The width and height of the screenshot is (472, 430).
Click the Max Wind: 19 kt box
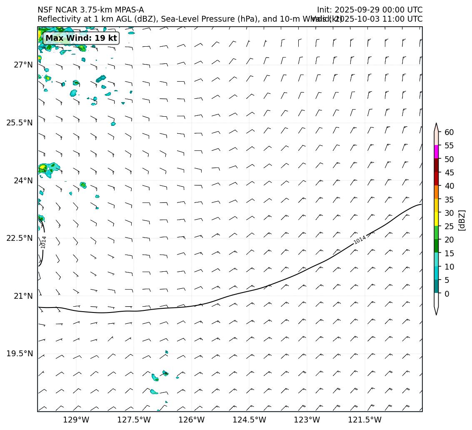pos(81,38)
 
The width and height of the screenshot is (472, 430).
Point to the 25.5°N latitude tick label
pos(20,123)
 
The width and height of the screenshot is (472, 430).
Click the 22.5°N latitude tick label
pos(20,238)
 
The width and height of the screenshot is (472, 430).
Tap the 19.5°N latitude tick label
pos(20,354)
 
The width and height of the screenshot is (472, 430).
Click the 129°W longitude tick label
pos(76,420)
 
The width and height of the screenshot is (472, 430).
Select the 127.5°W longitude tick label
pos(134,420)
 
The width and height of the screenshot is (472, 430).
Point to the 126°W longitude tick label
pos(192,420)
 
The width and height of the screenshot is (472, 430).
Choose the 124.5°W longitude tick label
pos(249,420)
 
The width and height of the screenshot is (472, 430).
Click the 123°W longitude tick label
pos(307,420)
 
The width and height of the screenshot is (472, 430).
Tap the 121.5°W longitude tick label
pos(365,420)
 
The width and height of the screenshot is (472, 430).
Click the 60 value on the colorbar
pos(449,132)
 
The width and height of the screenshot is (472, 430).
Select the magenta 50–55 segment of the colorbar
pos(436,152)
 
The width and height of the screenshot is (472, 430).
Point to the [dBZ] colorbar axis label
pos(462,220)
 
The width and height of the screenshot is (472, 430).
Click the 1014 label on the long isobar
pos(360,240)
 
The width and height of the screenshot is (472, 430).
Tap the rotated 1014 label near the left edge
pos(44,242)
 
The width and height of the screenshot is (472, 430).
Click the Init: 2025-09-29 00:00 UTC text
pos(370,10)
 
